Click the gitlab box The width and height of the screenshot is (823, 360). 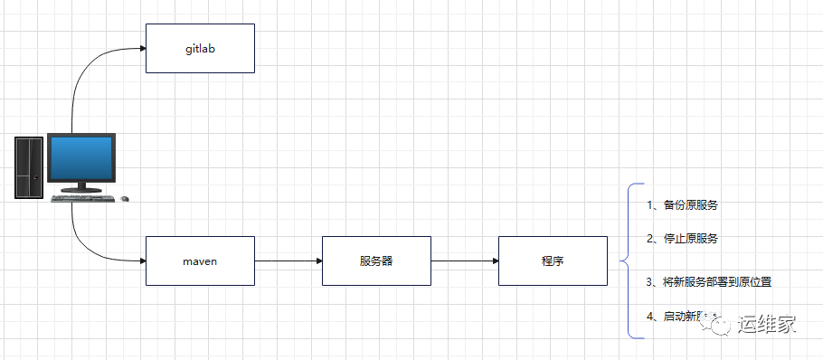(200, 48)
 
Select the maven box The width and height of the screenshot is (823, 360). (200, 261)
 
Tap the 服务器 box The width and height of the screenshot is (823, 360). (376, 261)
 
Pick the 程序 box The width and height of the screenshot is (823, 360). (553, 261)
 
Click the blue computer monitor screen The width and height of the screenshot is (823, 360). (80, 159)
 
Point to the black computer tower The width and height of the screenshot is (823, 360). (28, 167)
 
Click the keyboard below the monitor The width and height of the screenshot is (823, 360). (83, 198)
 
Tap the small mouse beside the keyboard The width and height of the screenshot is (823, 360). (125, 198)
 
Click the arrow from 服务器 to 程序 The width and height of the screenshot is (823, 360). (464, 261)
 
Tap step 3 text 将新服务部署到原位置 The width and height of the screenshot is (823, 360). (709, 281)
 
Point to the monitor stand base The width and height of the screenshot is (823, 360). (80, 189)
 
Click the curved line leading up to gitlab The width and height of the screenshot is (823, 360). (81, 81)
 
